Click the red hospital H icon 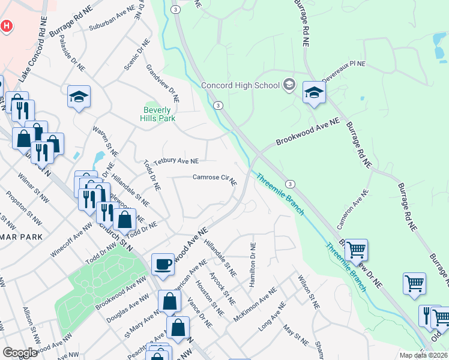coord(6,26)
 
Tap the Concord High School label coord(240,85)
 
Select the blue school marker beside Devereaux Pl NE coord(313,92)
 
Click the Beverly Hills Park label coord(158,114)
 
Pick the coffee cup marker coord(163,264)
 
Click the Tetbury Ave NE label coord(176,161)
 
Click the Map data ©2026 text coord(424,355)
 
